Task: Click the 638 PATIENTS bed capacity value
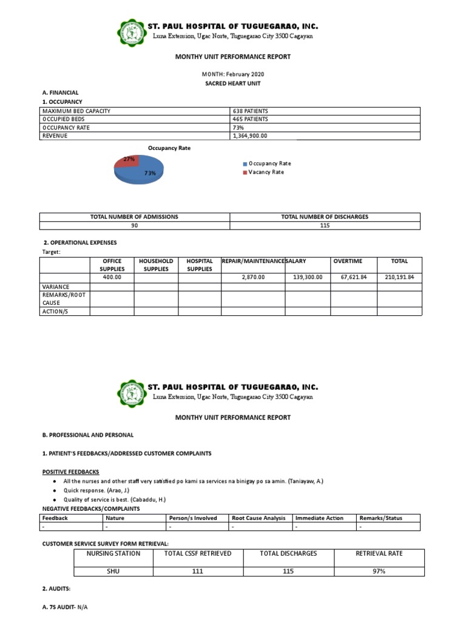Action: (250, 111)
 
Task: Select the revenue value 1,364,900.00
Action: (249, 136)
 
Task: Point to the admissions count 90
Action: (135, 225)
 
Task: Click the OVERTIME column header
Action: (348, 261)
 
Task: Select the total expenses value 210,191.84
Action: (399, 277)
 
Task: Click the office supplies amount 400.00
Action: (112, 277)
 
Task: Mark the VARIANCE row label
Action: (55, 286)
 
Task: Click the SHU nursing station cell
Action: (113, 571)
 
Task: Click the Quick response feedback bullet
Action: (96, 490)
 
